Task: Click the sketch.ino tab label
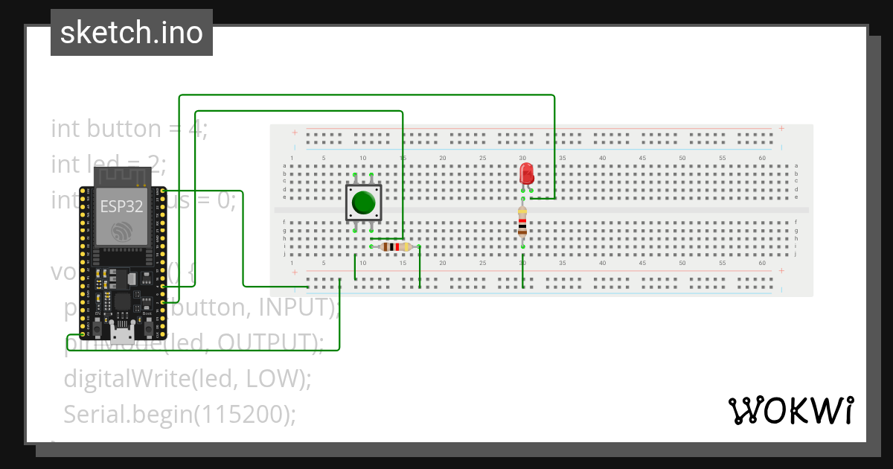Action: tap(132, 33)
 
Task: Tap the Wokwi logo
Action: tap(790, 410)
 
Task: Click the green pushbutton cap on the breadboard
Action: tap(363, 202)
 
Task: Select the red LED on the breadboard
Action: tap(527, 174)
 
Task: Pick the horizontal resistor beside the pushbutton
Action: tap(395, 247)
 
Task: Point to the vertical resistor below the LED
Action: tap(523, 222)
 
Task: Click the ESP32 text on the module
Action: tap(121, 207)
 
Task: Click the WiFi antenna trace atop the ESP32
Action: tap(122, 176)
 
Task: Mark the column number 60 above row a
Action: tap(762, 158)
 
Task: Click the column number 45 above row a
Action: tap(642, 158)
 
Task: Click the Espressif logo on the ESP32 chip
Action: tap(121, 232)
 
